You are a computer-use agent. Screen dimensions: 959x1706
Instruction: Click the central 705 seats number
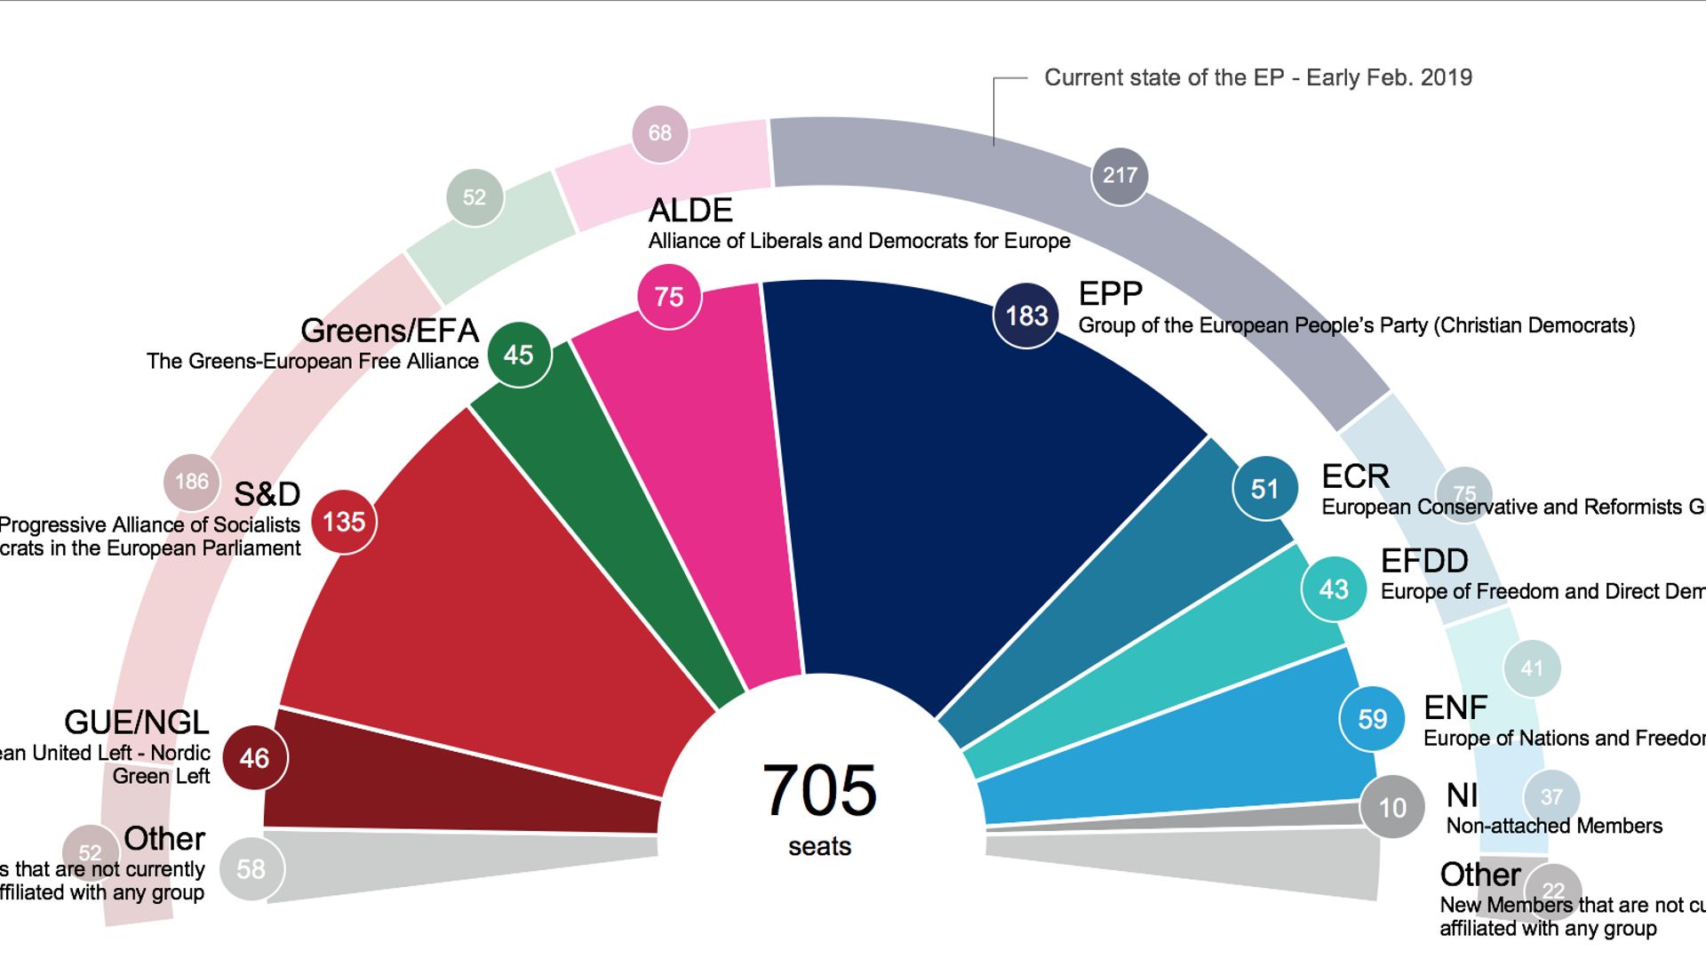819,790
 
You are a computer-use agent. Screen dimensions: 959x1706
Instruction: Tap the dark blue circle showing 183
1026,316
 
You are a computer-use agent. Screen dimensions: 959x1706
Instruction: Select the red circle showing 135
344,522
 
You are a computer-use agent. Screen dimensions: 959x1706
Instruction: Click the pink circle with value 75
669,297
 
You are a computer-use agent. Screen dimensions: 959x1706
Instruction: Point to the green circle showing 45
519,356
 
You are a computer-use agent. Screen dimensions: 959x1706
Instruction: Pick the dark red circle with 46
254,758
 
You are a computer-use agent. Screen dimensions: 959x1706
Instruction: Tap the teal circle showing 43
1333,588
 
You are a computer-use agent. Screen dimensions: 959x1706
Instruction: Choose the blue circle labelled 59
1372,718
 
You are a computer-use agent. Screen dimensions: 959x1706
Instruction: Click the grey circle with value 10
1391,807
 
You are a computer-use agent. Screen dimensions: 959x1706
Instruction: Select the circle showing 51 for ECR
1264,489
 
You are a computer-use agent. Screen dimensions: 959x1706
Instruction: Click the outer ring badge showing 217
1120,176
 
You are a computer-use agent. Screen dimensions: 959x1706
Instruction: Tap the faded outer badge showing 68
659,133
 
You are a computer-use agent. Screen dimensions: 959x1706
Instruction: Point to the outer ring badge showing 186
191,482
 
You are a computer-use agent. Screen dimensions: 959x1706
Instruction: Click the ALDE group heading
690,211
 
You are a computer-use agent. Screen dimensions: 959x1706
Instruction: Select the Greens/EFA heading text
389,331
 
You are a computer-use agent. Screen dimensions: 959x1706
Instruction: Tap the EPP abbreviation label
1110,294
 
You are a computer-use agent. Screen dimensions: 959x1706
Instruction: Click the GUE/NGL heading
136,722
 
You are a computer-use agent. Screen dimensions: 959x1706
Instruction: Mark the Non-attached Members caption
1553,826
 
